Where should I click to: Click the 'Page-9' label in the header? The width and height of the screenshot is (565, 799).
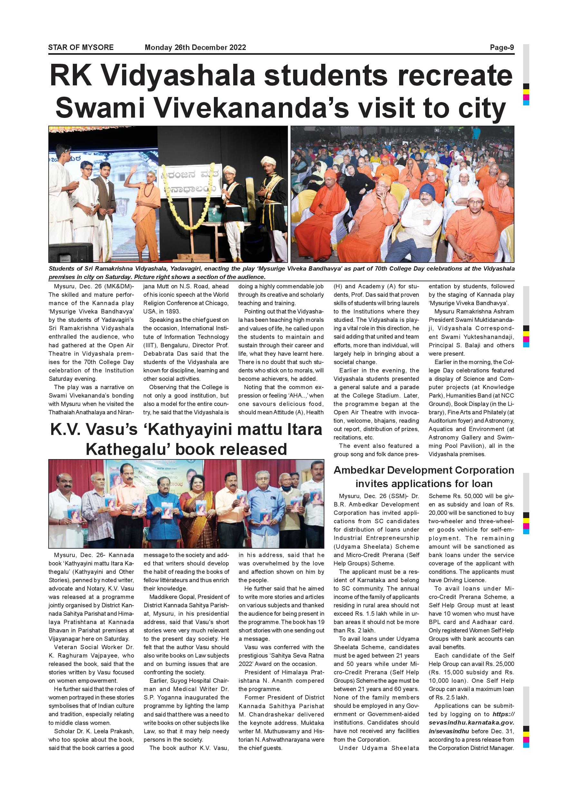pos(502,47)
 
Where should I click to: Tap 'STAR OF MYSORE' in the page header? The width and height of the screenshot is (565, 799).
pos(81,47)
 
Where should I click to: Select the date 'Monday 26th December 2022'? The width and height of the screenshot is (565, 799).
pos(195,47)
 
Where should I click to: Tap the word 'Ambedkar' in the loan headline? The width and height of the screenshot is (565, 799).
pos(358,470)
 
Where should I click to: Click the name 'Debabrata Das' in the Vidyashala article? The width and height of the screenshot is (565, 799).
pos(164,353)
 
